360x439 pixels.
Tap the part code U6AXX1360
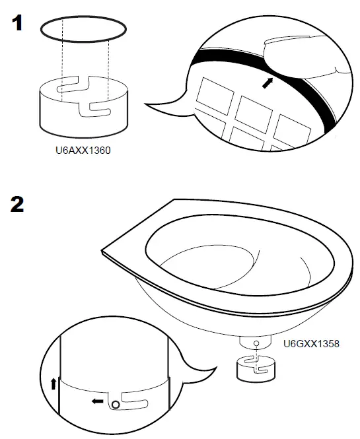(x=83, y=151)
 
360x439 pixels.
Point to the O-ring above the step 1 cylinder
(x=83, y=30)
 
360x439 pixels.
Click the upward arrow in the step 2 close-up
(x=54, y=384)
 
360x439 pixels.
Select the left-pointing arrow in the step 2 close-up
(x=98, y=400)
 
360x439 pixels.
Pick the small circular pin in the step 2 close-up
(x=116, y=403)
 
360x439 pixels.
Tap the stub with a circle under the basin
(x=255, y=343)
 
